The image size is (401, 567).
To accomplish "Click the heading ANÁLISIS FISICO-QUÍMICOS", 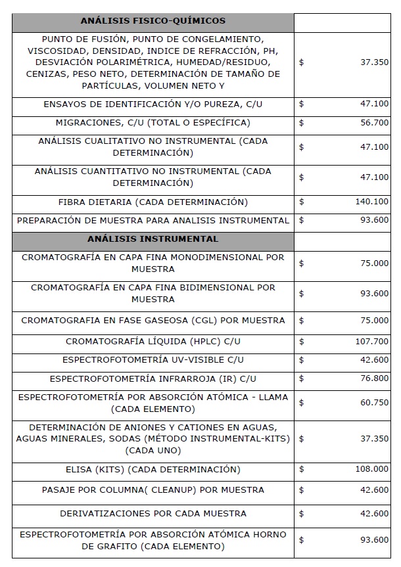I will click(153, 21).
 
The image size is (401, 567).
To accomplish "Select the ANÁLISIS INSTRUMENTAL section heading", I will click(153, 238).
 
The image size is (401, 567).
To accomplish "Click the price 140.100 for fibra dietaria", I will click(372, 202).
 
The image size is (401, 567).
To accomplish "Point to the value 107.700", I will click(372, 342).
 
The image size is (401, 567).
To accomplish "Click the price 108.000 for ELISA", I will click(372, 470).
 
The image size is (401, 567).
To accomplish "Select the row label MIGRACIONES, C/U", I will click(153, 123).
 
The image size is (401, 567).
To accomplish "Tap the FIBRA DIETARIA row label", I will click(153, 202).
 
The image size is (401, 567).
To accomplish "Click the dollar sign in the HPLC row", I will click(301, 342).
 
